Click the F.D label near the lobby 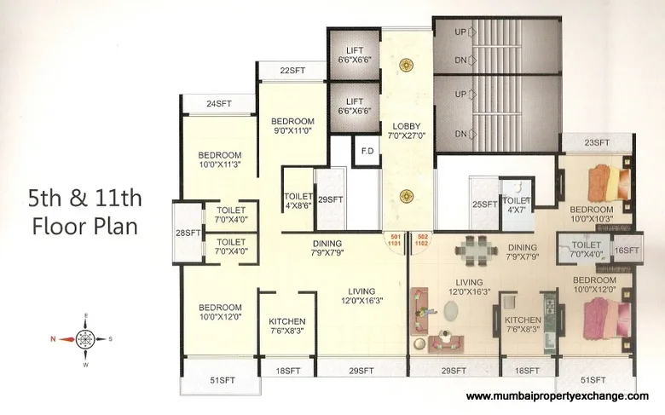[367, 151]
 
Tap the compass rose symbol [84, 338]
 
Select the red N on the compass [52, 338]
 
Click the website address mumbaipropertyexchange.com [558, 396]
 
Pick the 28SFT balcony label [187, 233]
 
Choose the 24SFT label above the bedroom [218, 104]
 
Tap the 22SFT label [292, 70]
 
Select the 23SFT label [597, 142]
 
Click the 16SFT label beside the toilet [627, 250]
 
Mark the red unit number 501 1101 [395, 239]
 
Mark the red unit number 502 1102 [422, 239]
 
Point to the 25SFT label [484, 205]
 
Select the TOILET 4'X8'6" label [298, 201]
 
